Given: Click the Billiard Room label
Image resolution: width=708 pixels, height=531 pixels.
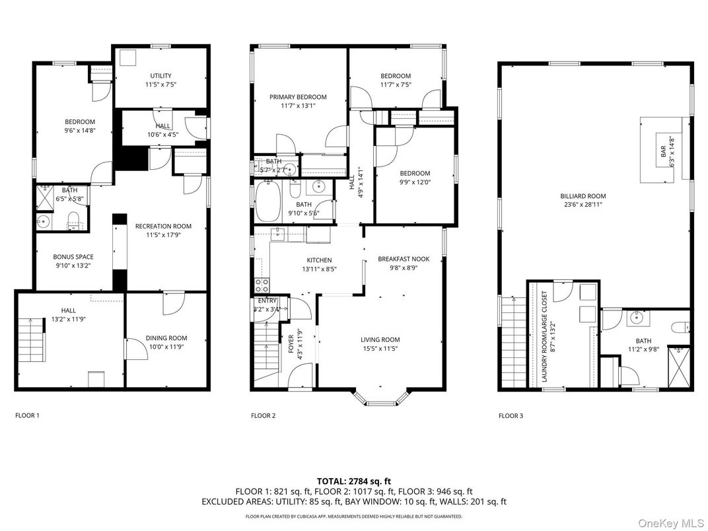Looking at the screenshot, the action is click(583, 196).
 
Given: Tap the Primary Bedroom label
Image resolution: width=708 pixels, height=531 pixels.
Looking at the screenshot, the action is click(298, 96).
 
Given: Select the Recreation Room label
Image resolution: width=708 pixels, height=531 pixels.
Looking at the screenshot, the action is click(163, 227).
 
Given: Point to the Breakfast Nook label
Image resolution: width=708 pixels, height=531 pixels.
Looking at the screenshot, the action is click(404, 259).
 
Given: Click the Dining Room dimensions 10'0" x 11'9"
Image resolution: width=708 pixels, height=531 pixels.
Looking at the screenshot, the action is click(166, 347).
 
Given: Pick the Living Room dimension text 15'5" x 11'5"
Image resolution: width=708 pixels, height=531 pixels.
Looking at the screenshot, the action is click(380, 349).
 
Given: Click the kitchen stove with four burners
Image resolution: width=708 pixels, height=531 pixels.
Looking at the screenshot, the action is click(262, 285).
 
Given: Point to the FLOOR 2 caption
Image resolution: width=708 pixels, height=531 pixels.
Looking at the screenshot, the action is click(264, 415).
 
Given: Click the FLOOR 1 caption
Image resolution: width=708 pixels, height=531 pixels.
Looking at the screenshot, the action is click(28, 415).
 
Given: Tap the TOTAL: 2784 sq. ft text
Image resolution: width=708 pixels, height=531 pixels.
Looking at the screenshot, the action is click(354, 481).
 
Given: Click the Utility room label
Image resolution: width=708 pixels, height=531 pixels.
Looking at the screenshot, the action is click(160, 76).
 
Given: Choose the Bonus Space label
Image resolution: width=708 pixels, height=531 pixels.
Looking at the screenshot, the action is click(73, 257).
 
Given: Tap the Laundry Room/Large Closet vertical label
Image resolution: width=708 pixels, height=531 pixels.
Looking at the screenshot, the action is click(544, 336).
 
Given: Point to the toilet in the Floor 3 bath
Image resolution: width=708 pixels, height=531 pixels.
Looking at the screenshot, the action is click(680, 326).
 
